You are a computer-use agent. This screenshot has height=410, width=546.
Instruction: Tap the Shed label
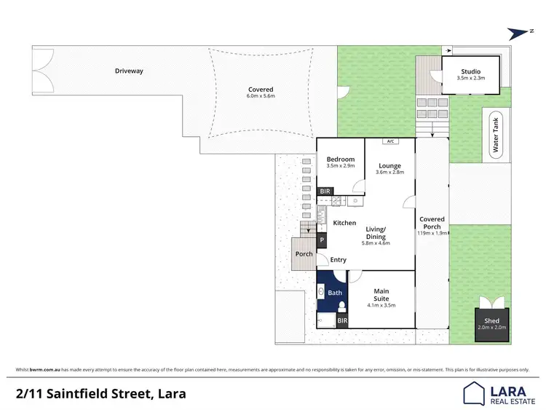pyautogui.click(x=491, y=320)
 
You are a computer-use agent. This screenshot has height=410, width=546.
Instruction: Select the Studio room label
pyautogui.click(x=470, y=71)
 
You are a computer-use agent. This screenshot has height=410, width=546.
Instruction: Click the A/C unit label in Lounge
pyautogui.click(x=390, y=141)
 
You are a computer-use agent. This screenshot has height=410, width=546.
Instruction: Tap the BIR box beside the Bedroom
pyautogui.click(x=325, y=191)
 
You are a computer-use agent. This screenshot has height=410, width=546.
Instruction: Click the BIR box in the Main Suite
pyautogui.click(x=341, y=320)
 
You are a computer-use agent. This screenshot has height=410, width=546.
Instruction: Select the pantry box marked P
pyautogui.click(x=322, y=240)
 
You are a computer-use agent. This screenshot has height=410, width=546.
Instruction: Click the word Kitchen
pyautogui.click(x=344, y=223)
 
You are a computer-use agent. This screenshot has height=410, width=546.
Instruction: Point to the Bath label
pyautogui.click(x=335, y=293)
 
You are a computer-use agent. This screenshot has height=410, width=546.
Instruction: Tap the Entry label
pyautogui.click(x=338, y=260)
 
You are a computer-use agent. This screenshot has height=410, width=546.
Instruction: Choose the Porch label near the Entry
pyautogui.click(x=304, y=254)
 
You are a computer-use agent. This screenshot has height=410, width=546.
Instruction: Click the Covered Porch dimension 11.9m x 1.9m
pyautogui.click(x=432, y=234)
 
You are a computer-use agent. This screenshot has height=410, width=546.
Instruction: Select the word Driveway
pyautogui.click(x=129, y=71)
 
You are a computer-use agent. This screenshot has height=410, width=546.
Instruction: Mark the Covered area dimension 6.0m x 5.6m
pyautogui.click(x=261, y=96)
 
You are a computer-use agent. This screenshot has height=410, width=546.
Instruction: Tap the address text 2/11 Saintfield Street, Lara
pyautogui.click(x=101, y=394)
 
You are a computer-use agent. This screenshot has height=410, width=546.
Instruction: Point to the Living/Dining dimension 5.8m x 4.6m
pyautogui.click(x=376, y=243)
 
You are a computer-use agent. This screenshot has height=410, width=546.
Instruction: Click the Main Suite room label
pyautogui.click(x=381, y=295)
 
